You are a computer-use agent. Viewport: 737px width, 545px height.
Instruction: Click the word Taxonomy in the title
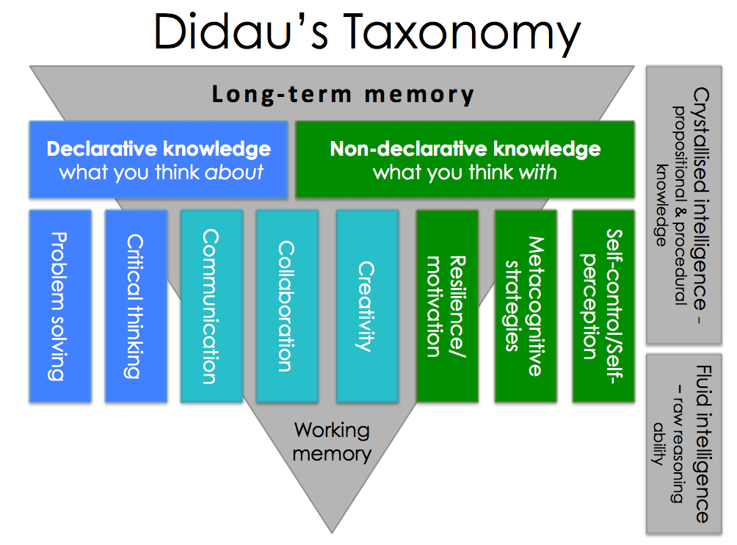(x=464, y=33)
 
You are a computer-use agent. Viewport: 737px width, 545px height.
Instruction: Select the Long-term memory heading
(x=343, y=94)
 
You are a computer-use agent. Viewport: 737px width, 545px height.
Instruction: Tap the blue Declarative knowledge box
(x=158, y=159)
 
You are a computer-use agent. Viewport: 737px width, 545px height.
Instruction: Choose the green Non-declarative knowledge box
(x=465, y=159)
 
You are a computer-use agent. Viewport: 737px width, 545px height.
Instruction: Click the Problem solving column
(x=60, y=306)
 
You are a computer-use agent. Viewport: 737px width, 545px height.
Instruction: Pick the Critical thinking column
(x=136, y=306)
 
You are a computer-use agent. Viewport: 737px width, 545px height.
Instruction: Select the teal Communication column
(x=211, y=306)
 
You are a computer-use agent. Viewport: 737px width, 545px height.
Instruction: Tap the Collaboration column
(x=287, y=306)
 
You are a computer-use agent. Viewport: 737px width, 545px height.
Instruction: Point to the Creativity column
(x=367, y=306)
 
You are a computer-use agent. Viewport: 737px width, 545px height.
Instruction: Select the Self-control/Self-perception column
(x=603, y=306)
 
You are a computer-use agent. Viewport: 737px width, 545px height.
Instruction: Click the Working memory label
(x=332, y=441)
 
